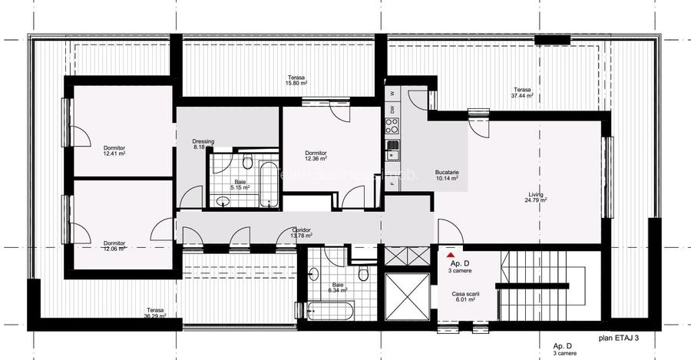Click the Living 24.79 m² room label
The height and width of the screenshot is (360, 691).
tap(535, 197)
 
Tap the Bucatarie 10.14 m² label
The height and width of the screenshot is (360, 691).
tap(447, 176)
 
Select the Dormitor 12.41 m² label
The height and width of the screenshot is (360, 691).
tap(114, 150)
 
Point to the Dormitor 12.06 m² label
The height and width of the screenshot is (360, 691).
tap(114, 246)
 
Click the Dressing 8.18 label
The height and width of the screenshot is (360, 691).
tap(203, 144)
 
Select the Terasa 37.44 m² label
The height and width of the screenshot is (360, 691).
tap(524, 93)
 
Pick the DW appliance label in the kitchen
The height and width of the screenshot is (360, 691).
tap(392, 111)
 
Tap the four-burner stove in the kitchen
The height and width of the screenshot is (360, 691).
tap(392, 144)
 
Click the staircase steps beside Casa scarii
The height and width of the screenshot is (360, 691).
tap(537, 284)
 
